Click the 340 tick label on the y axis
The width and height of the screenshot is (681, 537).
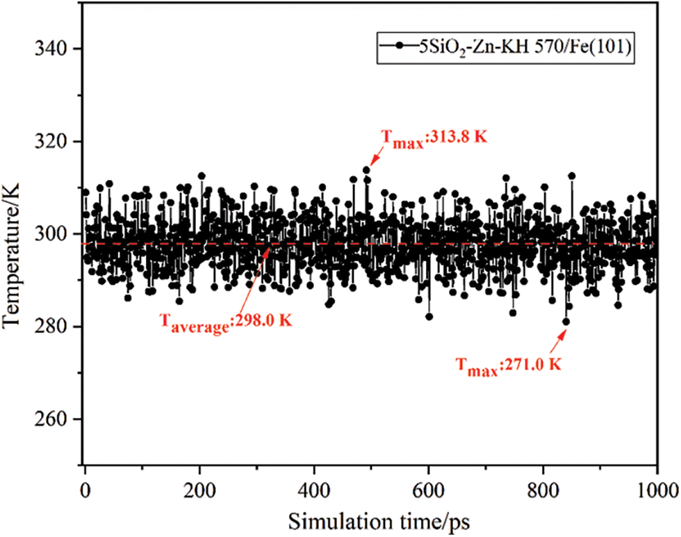pyautogui.click(x=51, y=49)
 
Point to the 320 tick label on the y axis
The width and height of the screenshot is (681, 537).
pyautogui.click(x=51, y=142)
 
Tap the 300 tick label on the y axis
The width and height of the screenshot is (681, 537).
pyautogui.click(x=51, y=234)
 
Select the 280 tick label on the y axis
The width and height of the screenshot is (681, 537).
pyautogui.click(x=51, y=327)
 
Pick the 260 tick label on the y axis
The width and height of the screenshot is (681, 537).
pyautogui.click(x=51, y=420)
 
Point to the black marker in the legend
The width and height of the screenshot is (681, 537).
pyautogui.click(x=398, y=46)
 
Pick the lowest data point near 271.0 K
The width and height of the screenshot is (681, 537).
pyautogui.click(x=566, y=322)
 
